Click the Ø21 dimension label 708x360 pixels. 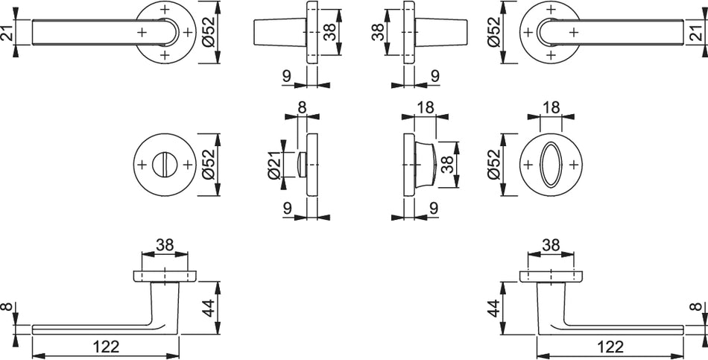point(274,165)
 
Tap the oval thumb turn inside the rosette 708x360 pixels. point(551,165)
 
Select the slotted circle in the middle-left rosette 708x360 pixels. point(165,165)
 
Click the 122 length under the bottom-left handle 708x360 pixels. point(107,347)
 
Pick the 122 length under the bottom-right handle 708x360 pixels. point(610,347)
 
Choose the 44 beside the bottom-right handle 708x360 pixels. point(496,308)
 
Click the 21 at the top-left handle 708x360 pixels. point(7,32)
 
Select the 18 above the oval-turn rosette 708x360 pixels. point(551,107)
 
